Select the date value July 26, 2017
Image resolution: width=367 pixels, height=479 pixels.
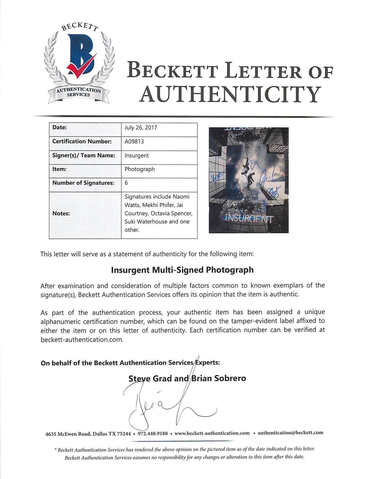[141, 128]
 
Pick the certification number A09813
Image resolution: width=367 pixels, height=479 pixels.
[134, 141]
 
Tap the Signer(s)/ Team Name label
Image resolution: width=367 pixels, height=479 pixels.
[84, 155]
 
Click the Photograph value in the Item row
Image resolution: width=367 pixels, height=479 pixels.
[140, 169]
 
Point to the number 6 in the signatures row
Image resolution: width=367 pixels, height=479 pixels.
[126, 183]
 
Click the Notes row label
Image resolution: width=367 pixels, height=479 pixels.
[61, 213]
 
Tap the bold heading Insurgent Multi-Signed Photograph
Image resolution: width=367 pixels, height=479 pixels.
[182, 270]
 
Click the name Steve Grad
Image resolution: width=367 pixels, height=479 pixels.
[150, 379]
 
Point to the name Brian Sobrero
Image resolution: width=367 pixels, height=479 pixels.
[219, 378]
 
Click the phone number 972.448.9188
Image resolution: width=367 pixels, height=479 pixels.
[153, 434]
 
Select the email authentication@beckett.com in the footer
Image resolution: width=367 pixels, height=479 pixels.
[290, 433]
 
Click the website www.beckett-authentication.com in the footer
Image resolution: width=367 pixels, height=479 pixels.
[212, 433]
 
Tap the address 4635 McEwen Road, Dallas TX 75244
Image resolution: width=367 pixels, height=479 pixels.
[88, 434]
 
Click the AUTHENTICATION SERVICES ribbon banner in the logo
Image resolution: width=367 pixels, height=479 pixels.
[79, 92]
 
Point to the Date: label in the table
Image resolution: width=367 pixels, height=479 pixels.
[60, 127]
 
